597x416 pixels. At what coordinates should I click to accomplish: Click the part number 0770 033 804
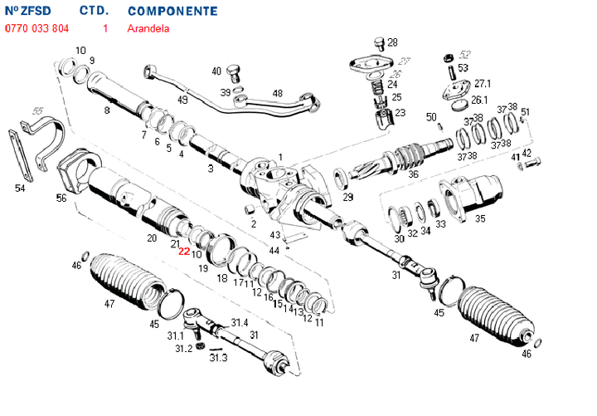pyautogui.click(x=37, y=28)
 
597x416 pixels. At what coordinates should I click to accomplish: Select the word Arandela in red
pyautogui.click(x=148, y=28)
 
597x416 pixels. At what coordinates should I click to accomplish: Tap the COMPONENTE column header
pyautogui.click(x=173, y=12)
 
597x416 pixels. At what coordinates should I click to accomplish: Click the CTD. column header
pyautogui.click(x=95, y=12)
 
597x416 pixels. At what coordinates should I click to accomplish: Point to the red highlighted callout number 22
pyautogui.click(x=184, y=252)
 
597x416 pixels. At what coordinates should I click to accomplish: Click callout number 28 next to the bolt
pyautogui.click(x=392, y=42)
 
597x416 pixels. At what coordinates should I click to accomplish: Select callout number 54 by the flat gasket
pyautogui.click(x=20, y=188)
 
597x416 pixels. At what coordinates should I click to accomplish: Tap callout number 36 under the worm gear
pyautogui.click(x=413, y=175)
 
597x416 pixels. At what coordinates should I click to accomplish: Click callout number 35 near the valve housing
pyautogui.click(x=480, y=218)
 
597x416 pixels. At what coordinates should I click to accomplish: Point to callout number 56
pyautogui.click(x=61, y=198)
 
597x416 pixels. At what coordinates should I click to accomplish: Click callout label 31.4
pyautogui.click(x=239, y=322)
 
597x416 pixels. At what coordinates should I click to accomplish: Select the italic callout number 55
pyautogui.click(x=36, y=110)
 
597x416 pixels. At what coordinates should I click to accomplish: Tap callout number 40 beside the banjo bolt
pyautogui.click(x=216, y=71)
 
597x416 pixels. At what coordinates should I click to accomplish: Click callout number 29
pyautogui.click(x=347, y=197)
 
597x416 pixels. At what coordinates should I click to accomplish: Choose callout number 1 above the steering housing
pyautogui.click(x=280, y=157)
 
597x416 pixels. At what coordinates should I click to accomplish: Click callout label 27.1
pyautogui.click(x=483, y=84)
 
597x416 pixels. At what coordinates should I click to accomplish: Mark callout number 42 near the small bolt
pyautogui.click(x=527, y=153)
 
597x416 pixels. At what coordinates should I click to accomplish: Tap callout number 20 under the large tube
pyautogui.click(x=152, y=238)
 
